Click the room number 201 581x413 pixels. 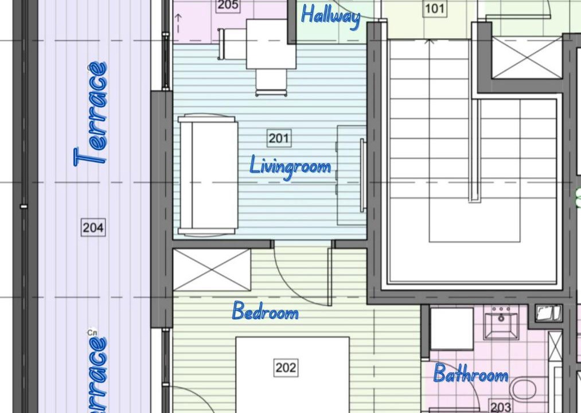(279, 138)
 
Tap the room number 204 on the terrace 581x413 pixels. (93, 227)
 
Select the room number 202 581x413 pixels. (286, 368)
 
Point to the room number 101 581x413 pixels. (435, 8)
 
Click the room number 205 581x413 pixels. (228, 5)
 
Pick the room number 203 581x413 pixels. (500, 407)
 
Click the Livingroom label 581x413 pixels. (290, 167)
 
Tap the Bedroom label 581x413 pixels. (266, 311)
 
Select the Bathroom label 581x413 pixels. (470, 373)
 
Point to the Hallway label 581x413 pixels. (330, 16)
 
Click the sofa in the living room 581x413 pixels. (208, 175)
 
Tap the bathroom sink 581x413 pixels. (501, 322)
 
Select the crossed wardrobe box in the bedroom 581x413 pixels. (212, 270)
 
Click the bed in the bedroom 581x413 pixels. (293, 375)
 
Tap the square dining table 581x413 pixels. (271, 44)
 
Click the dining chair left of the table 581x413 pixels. (232, 44)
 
